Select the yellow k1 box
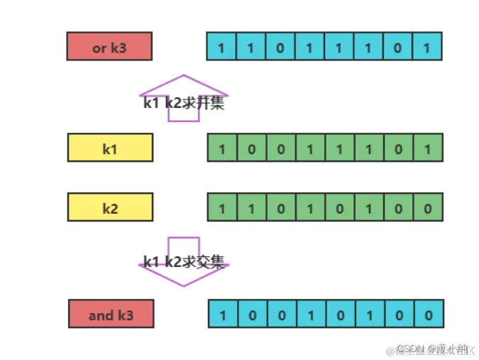point(109,148)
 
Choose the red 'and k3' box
point(111,313)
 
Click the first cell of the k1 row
point(222,148)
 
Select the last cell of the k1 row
point(426,148)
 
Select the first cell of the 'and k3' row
point(224,313)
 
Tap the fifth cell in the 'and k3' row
point(341,313)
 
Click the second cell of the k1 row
point(252,148)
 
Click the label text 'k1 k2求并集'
point(184,102)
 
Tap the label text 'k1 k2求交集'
point(184,262)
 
